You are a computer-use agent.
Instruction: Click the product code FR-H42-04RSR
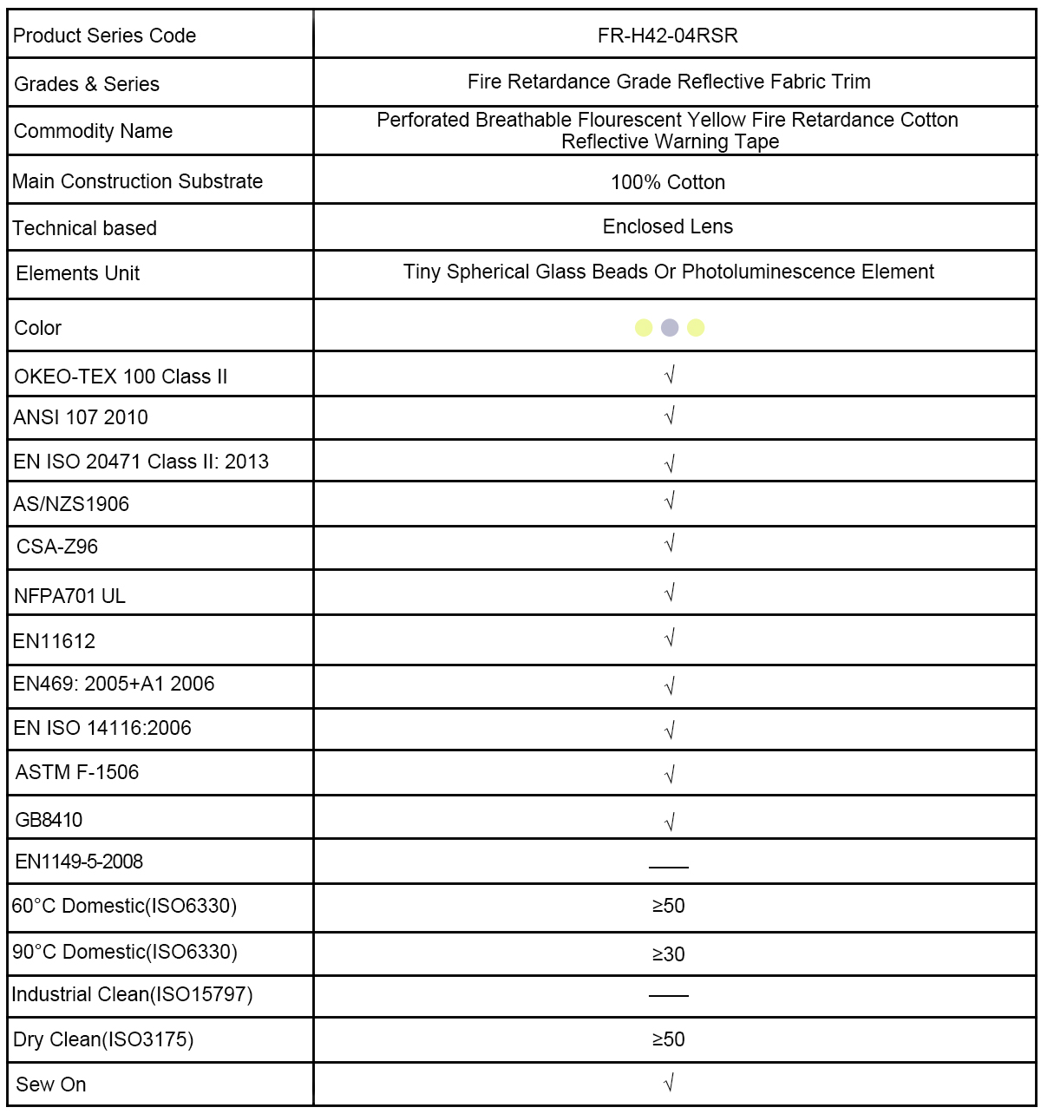(x=667, y=36)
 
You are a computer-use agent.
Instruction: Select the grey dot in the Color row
(x=670, y=327)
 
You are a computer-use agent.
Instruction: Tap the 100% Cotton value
(x=667, y=182)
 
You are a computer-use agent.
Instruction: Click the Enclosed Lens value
(x=667, y=226)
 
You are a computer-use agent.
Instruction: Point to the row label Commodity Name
(x=93, y=131)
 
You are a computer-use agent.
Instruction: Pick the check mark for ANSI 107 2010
(x=669, y=416)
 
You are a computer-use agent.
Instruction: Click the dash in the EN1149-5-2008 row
(x=668, y=867)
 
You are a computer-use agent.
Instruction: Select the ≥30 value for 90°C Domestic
(x=668, y=954)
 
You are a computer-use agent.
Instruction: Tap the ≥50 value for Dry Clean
(x=668, y=1039)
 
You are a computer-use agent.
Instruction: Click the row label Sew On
(x=51, y=1085)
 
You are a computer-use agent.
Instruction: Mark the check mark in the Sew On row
(x=669, y=1084)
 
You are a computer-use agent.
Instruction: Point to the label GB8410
(x=49, y=820)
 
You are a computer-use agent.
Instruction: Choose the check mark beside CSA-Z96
(x=669, y=545)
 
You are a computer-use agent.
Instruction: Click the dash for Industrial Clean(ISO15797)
(x=668, y=995)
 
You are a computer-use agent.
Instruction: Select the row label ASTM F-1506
(x=77, y=772)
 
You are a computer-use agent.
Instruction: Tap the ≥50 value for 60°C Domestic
(x=668, y=906)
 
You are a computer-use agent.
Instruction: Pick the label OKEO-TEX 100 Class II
(x=121, y=377)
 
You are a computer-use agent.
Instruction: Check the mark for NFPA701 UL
(x=669, y=594)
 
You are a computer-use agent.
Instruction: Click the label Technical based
(x=85, y=228)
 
